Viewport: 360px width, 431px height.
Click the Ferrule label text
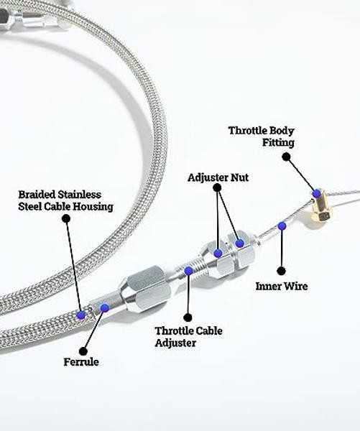(81, 362)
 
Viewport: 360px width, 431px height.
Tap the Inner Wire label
(282, 286)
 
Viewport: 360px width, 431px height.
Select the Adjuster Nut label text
(218, 177)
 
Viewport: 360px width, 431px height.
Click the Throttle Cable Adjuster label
(189, 337)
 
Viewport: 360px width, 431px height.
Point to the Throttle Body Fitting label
(262, 136)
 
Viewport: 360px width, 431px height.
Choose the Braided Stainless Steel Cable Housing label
(65, 200)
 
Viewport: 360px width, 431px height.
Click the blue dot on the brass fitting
(317, 193)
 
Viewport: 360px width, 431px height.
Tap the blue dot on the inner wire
(282, 226)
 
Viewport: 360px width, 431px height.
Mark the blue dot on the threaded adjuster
(189, 271)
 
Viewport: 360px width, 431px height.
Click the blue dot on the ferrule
(104, 307)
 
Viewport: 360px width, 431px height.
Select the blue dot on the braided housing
(81, 315)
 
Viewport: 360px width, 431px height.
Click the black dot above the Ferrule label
(83, 351)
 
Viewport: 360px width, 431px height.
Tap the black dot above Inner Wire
(281, 271)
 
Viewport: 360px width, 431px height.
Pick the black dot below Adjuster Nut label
(217, 187)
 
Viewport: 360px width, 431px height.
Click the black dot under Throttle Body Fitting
(286, 157)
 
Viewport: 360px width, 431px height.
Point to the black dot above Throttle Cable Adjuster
(188, 318)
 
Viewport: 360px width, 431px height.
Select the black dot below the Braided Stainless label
(66, 219)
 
